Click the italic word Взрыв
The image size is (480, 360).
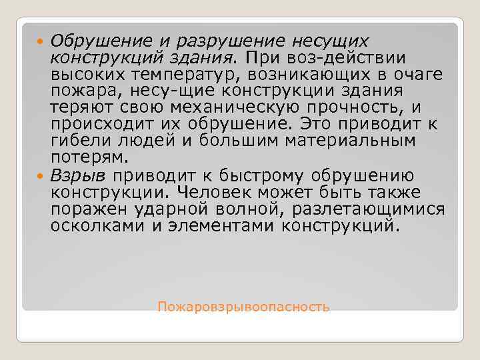coord(78,175)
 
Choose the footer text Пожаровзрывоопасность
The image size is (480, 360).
coord(243,307)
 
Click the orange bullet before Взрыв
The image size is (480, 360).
coord(41,176)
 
